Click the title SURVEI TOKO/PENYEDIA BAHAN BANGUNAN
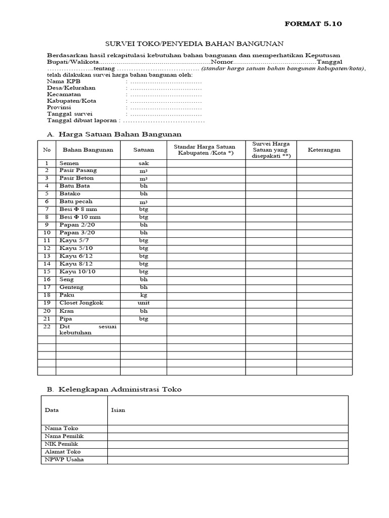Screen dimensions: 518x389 pos(194,44)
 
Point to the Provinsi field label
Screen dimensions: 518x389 pos(59,108)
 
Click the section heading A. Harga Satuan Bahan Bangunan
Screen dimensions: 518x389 pos(114,134)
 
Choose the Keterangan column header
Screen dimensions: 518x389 pos(324,150)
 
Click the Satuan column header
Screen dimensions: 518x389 pos(143,150)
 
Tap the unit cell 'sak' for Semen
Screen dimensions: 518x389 pos(143,163)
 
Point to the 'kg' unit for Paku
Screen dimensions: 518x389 pos(143,295)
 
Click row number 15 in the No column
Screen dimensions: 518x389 pos(47,272)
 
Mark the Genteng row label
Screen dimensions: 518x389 pos(71,287)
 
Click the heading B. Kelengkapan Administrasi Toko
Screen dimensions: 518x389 pos(114,390)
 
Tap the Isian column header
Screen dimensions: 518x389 pos(118,410)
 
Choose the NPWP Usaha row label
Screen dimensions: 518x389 pos(64,459)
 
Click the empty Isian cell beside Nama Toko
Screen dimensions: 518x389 pos(227,428)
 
